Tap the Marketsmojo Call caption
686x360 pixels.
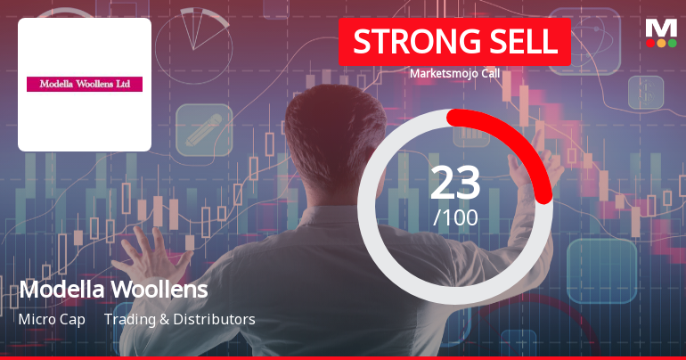(454, 73)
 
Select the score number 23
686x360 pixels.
(455, 183)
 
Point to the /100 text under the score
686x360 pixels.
(455, 217)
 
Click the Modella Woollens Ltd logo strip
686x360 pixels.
(85, 84)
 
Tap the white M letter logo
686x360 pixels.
(661, 28)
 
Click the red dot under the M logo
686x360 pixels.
(651, 43)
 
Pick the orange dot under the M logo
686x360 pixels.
(661, 43)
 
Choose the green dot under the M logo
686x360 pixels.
(672, 43)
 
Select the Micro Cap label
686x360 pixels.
(52, 319)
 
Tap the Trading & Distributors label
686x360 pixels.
(179, 319)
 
